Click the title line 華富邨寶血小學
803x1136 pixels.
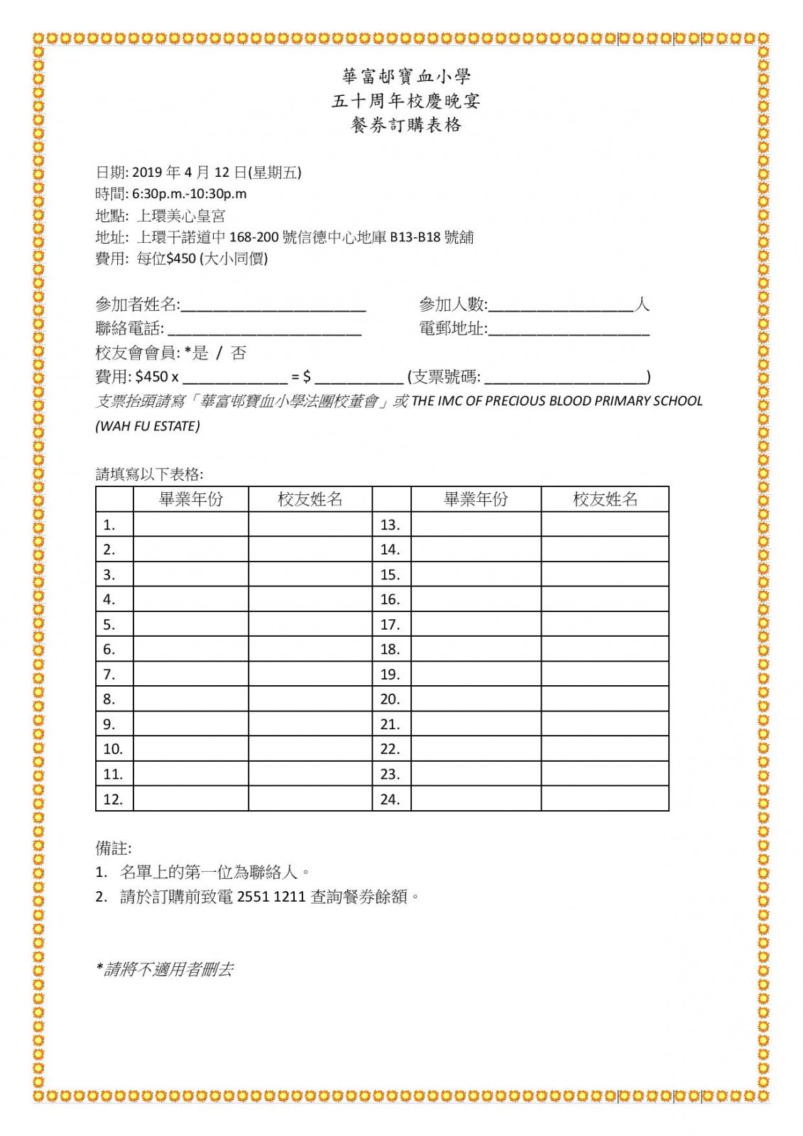click(406, 76)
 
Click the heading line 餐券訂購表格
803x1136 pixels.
click(406, 125)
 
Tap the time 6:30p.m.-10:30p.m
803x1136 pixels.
click(190, 194)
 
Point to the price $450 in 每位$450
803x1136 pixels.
click(181, 258)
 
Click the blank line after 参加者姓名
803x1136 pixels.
click(273, 307)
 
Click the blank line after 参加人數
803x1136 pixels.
click(561, 307)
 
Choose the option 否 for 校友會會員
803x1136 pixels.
click(239, 353)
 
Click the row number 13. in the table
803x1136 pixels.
click(390, 525)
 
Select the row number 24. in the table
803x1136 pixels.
click(390, 799)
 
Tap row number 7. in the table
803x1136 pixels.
click(109, 674)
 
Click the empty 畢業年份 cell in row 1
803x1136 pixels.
click(190, 525)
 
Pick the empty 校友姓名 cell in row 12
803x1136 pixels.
click(310, 799)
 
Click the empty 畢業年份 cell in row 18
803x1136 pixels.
click(476, 649)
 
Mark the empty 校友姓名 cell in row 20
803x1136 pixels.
click(605, 699)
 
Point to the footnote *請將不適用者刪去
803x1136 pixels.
click(165, 969)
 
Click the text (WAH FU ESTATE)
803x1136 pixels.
click(148, 426)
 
